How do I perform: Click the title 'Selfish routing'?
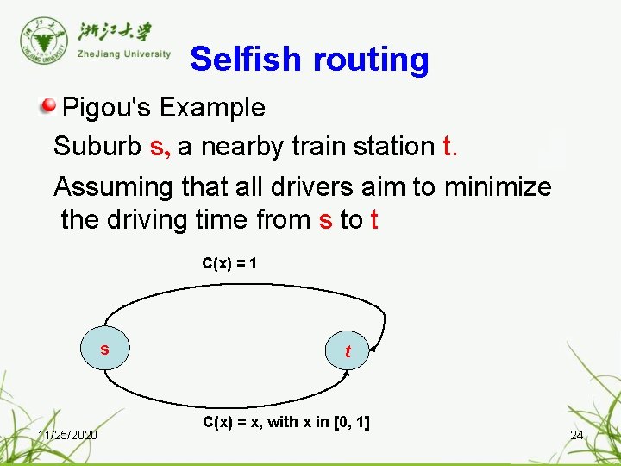309,60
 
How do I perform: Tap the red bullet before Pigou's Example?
48,107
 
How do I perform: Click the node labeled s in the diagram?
104,349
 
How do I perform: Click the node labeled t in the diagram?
347,351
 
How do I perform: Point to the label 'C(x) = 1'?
229,262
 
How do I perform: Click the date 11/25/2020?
67,434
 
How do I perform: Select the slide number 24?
577,435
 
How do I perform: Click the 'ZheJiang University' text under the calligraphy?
124,54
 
